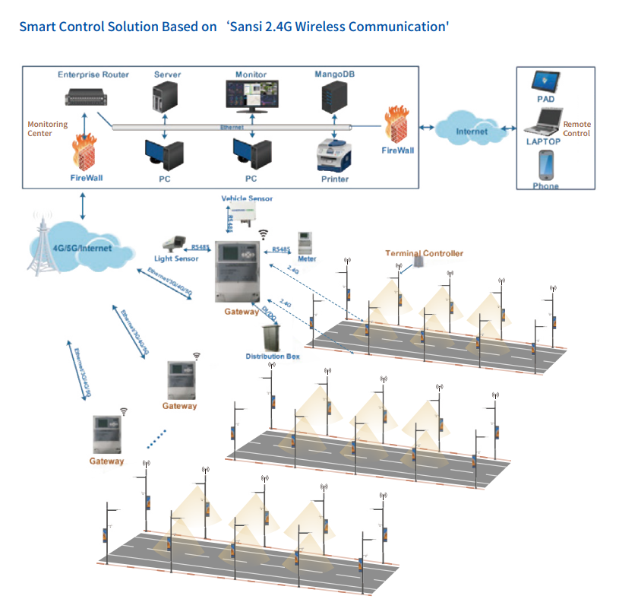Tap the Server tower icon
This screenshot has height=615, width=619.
pos(166,96)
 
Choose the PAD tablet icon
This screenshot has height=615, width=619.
pos(545,81)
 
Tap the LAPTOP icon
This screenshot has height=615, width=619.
pos(544,122)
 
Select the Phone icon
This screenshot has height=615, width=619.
pos(545,165)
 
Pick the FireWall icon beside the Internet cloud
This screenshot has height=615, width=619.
pos(397,125)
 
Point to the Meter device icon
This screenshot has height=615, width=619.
pos(306,243)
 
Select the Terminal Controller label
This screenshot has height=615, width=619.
pos(424,253)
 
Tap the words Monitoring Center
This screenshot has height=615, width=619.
pos(47,128)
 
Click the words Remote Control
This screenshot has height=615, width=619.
pos(576,128)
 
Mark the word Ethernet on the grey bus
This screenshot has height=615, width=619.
pos(231,127)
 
